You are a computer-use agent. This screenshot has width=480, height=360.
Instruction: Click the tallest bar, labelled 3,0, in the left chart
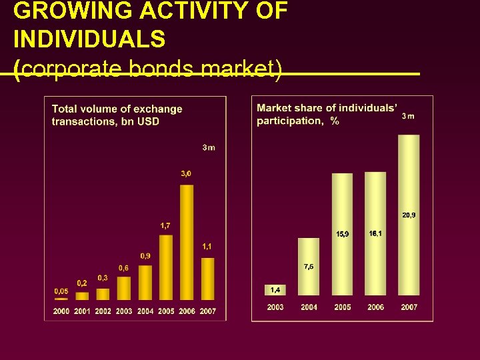pyautogui.click(x=187, y=242)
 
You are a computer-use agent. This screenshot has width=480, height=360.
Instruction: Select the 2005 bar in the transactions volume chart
pyautogui.click(x=166, y=267)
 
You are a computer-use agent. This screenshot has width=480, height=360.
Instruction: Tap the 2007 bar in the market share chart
pyautogui.click(x=409, y=215)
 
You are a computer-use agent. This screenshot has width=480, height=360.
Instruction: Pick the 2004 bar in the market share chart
pyautogui.click(x=309, y=267)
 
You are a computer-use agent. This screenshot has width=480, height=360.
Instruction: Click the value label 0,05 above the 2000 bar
pyautogui.click(x=61, y=291)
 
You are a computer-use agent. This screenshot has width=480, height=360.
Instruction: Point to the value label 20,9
pyautogui.click(x=409, y=215)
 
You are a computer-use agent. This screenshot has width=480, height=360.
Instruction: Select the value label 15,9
pyautogui.click(x=343, y=233)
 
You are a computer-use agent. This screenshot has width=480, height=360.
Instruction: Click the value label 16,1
pyautogui.click(x=375, y=233)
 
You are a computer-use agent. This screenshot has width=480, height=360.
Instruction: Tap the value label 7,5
pyautogui.click(x=309, y=267)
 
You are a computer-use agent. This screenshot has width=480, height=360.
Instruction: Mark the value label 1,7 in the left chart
pyautogui.click(x=165, y=225)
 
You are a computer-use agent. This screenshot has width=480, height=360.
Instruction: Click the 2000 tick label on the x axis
pyautogui.click(x=61, y=311)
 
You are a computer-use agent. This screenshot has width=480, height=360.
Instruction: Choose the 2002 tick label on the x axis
pyautogui.click(x=103, y=311)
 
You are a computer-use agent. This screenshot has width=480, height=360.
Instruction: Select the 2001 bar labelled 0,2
pyautogui.click(x=82, y=296)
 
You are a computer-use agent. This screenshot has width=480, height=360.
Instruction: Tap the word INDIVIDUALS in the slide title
pyautogui.click(x=89, y=39)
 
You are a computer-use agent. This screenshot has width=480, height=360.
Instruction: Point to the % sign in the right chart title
pyautogui.click(x=335, y=121)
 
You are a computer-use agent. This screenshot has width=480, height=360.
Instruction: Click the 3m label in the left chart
pyautogui.click(x=209, y=147)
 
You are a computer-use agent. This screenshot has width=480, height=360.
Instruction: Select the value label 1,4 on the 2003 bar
pyautogui.click(x=275, y=289)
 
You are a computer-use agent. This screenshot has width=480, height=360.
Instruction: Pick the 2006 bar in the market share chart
pyautogui.click(x=375, y=233)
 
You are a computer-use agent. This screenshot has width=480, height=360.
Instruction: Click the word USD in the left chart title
pyautogui.click(x=149, y=121)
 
